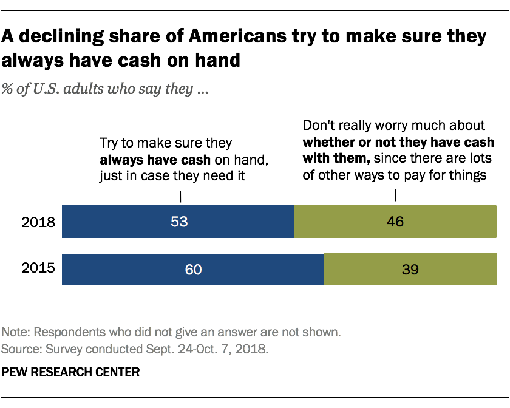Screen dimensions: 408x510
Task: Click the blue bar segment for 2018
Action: click(x=121, y=222)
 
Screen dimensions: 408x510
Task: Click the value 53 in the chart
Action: click(x=180, y=222)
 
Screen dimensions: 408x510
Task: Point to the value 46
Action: click(x=395, y=222)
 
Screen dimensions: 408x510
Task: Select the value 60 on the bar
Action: click(x=193, y=269)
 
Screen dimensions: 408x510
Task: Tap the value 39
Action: click(x=410, y=269)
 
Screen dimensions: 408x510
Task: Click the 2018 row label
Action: click(x=39, y=222)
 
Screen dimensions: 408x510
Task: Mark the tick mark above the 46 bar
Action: click(x=395, y=196)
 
